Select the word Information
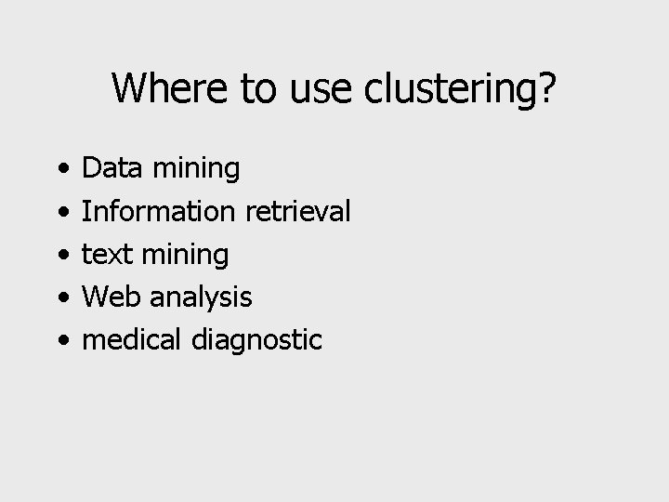(x=158, y=211)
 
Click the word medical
(x=134, y=339)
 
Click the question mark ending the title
(x=547, y=88)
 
